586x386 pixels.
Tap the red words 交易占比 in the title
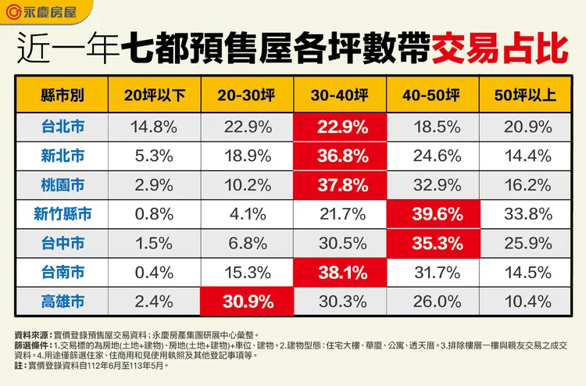tap(499, 49)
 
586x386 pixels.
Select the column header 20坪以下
tap(154, 95)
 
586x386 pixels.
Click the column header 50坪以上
tap(524, 95)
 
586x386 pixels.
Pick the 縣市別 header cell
tap(62, 95)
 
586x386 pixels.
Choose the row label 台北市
tap(62, 126)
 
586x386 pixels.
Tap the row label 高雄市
tap(62, 302)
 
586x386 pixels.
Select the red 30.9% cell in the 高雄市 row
tap(246, 302)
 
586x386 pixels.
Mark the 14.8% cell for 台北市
tap(154, 126)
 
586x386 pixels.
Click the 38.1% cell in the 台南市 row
tap(340, 273)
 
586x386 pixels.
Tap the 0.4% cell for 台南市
tap(154, 273)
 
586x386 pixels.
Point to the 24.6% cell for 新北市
tap(432, 155)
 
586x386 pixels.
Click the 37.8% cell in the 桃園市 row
tap(340, 185)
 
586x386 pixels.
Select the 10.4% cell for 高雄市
tap(524, 302)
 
